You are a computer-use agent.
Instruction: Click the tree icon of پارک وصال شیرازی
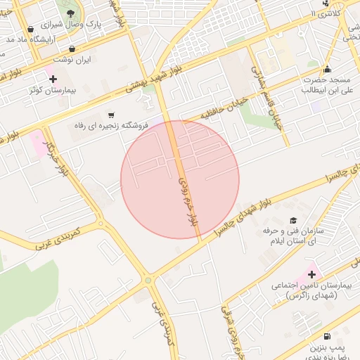[70, 13]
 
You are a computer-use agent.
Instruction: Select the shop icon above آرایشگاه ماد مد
[30, 29]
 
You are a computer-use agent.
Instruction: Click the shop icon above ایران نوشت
[72, 49]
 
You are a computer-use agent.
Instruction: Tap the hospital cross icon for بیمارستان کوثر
[53, 78]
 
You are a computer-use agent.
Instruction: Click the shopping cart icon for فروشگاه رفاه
[111, 115]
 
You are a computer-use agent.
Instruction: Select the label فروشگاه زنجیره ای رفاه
[112, 126]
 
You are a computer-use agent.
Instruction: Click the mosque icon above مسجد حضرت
[327, 70]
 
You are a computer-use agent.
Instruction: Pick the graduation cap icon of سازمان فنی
[293, 221]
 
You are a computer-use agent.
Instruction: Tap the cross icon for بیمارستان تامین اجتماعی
[313, 273]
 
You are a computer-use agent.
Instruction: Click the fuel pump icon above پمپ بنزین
[327, 337]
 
